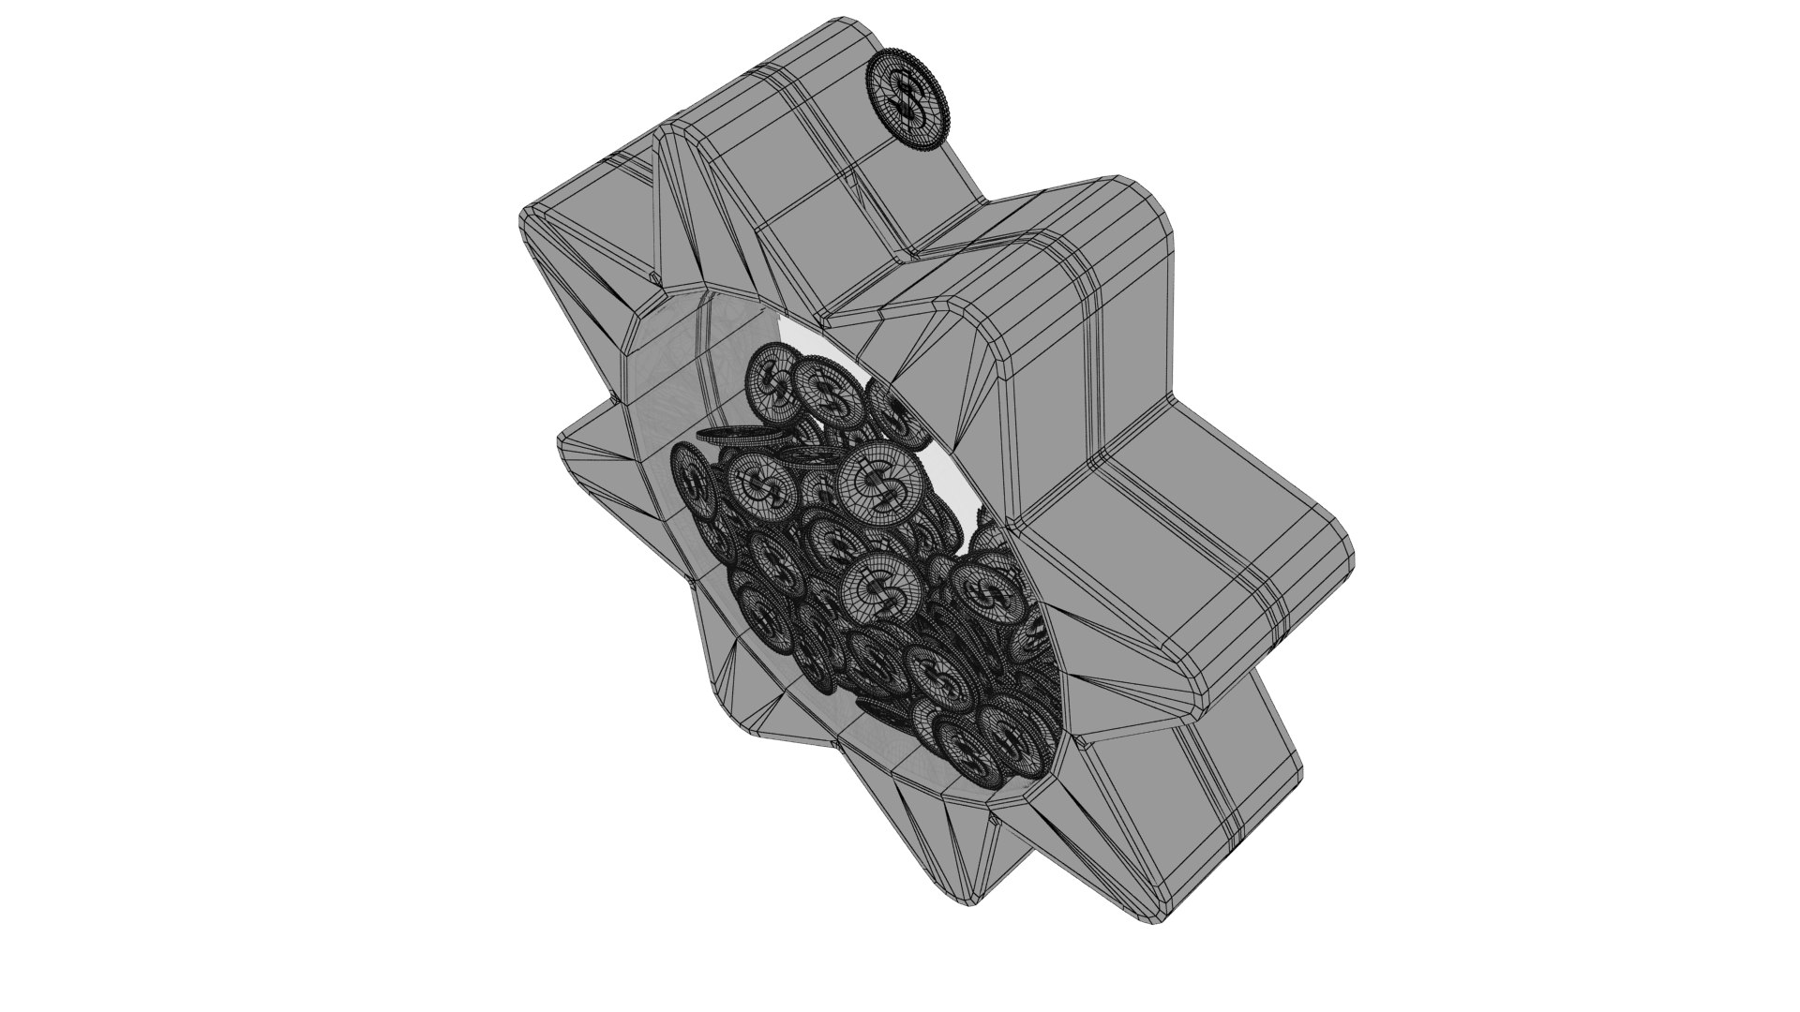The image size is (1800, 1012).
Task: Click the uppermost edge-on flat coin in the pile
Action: pos(741,437)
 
